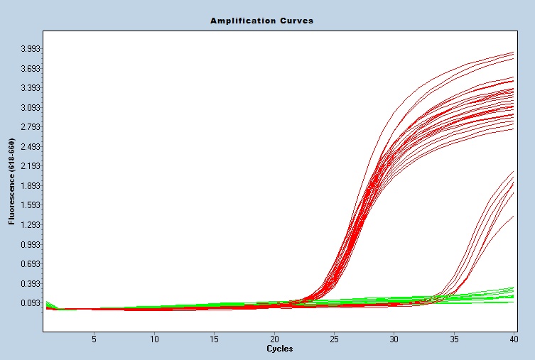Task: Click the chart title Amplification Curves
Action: [x=261, y=21]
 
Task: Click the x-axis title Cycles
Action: [x=279, y=349]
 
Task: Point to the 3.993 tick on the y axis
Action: [x=31, y=48]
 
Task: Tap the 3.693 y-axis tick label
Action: [x=31, y=68]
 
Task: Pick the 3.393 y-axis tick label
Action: [x=31, y=88]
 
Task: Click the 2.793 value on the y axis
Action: [x=31, y=127]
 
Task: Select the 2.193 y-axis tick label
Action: [x=31, y=166]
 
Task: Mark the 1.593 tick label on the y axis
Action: [x=31, y=205]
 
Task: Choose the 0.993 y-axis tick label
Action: [x=31, y=244]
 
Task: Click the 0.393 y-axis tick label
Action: [x=31, y=283]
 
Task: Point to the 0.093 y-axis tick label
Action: [x=31, y=303]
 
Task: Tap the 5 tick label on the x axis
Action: [x=94, y=339]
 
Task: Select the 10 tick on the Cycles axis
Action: [x=154, y=339]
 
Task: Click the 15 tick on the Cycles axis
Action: [x=215, y=339]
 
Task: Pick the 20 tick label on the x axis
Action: [x=274, y=339]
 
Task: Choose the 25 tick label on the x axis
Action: [x=335, y=339]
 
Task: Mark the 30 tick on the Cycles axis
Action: [x=394, y=339]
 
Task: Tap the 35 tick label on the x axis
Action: [x=455, y=339]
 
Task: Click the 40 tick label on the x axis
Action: [x=514, y=339]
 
